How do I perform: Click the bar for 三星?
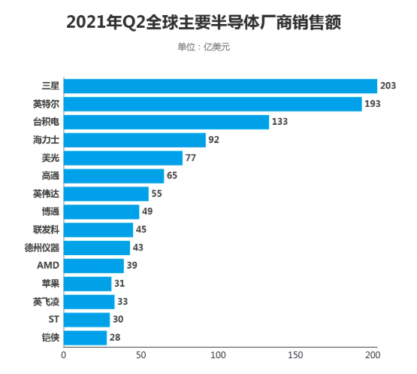(x=220, y=86)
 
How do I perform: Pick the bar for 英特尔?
(x=213, y=104)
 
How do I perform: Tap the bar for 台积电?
(x=166, y=122)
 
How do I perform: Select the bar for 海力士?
(x=134, y=140)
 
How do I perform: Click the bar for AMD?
(x=94, y=265)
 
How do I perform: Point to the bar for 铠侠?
(x=85, y=337)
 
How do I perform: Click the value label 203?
(x=388, y=86)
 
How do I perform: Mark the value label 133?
(x=280, y=122)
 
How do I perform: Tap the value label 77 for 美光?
(x=192, y=158)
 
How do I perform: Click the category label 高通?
(x=50, y=176)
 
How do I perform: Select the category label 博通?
(x=50, y=211)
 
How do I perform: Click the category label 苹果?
(x=50, y=283)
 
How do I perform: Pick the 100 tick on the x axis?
(x=218, y=355)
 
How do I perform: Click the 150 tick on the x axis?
(x=295, y=355)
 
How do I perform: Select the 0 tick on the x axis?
(x=64, y=355)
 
